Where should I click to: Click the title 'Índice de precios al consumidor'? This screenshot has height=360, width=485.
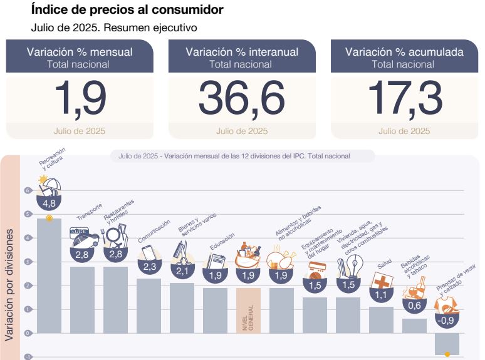pos(127,11)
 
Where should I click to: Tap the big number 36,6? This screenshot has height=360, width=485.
pos(242,98)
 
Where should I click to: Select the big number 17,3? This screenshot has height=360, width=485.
pos(404,98)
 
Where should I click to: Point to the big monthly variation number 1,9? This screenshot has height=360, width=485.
pos(80,98)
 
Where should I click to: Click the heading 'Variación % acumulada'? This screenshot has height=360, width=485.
pos(404,52)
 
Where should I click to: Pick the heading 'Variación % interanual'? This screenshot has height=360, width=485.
pos(242,52)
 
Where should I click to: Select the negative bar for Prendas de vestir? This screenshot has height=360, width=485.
pos(447,344)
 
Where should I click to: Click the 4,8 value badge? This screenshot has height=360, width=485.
pos(50,203)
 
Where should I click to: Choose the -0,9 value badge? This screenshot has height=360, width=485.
pos(446,320)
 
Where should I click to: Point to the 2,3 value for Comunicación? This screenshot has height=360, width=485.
pos(149,267)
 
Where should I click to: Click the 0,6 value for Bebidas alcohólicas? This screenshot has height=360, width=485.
pos(414,306)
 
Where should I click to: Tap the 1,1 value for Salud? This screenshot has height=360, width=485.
pos(380,295)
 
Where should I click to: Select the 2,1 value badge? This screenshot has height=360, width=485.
pos(182,271)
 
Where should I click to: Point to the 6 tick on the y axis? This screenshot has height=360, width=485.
pos(28,190)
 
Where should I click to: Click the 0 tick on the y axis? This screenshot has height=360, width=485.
pos(28,333)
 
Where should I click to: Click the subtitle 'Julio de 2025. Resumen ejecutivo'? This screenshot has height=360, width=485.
pos(115,28)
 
